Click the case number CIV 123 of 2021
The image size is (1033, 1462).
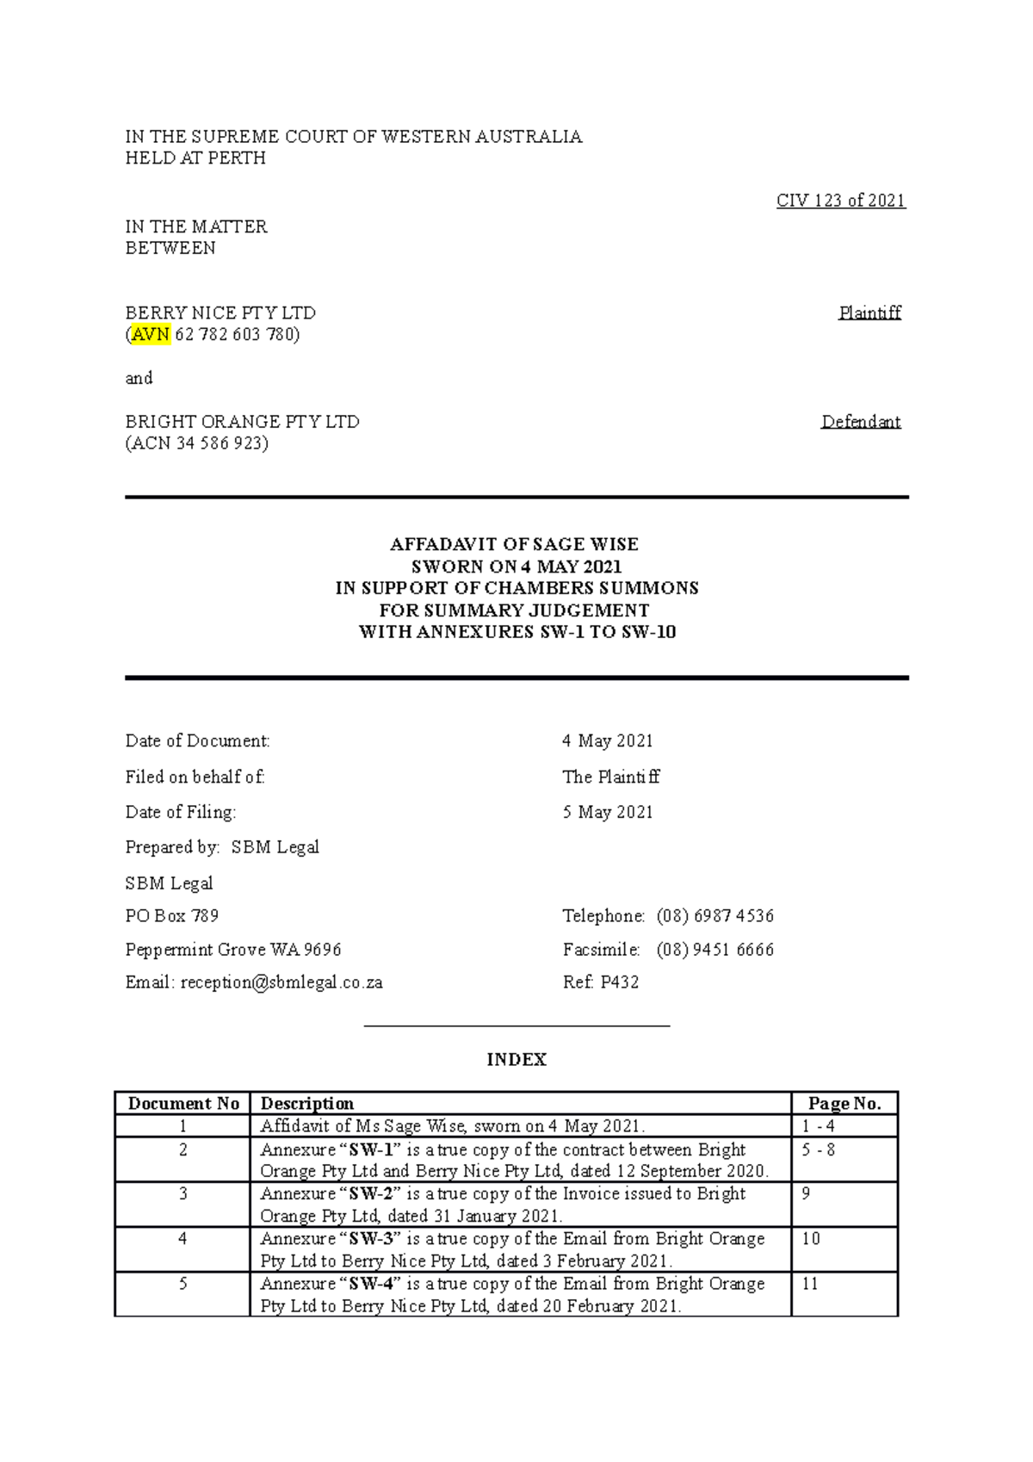click(840, 201)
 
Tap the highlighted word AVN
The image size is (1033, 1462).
click(151, 334)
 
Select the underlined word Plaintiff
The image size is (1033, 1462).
click(869, 313)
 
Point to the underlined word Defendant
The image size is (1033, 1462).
click(861, 422)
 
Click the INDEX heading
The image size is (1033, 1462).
click(516, 1059)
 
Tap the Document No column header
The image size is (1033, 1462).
click(183, 1104)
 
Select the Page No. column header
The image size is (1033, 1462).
click(844, 1104)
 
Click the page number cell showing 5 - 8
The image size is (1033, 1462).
click(819, 1149)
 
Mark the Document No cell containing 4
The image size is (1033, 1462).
click(182, 1239)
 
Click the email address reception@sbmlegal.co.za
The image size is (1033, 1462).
click(281, 982)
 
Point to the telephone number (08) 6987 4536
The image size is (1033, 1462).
click(714, 916)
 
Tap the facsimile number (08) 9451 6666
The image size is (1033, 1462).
click(714, 950)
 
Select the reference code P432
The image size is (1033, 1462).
click(619, 982)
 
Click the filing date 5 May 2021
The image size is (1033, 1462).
click(608, 812)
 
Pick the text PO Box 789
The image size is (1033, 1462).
click(172, 916)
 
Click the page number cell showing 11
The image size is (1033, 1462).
click(810, 1284)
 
